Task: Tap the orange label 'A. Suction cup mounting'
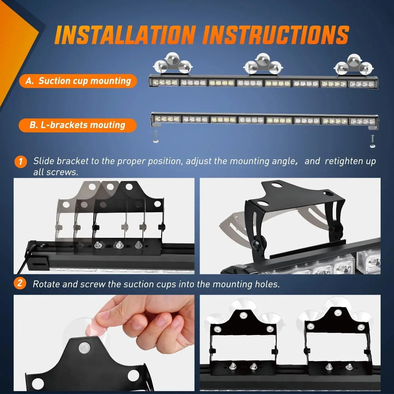[x=78, y=81]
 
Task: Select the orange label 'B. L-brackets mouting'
[x=77, y=125]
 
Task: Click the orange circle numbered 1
[x=20, y=161]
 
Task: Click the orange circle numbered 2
[x=20, y=284]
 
